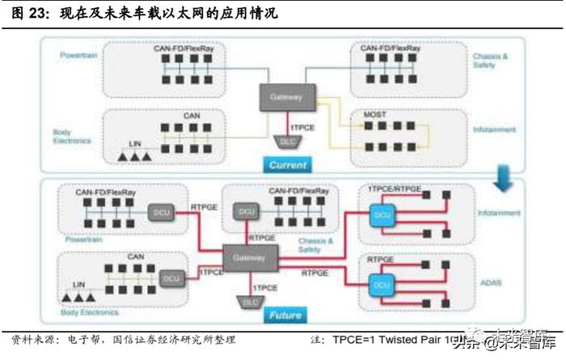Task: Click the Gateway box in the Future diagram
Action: coord(249,257)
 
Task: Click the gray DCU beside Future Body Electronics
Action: coord(171,277)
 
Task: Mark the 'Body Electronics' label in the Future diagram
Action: coord(84,311)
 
